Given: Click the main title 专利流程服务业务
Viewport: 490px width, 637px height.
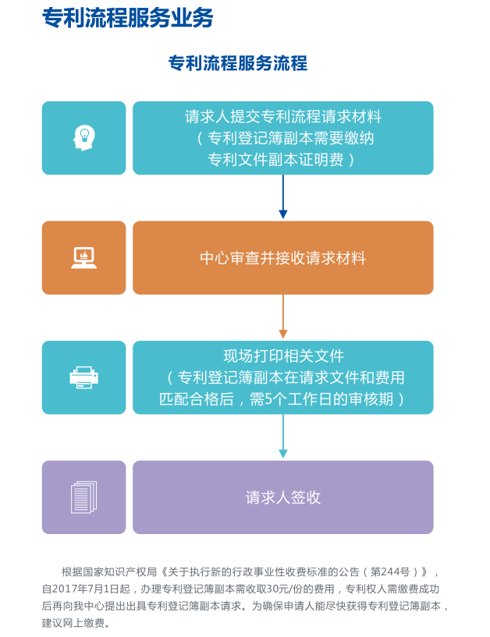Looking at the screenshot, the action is tap(128, 17).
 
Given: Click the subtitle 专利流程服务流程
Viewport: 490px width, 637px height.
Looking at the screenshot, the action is tap(238, 63).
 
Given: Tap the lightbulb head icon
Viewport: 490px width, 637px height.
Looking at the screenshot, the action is tap(83, 138).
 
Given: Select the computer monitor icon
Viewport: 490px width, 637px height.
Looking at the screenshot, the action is tap(83, 257).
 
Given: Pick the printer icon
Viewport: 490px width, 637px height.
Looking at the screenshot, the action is tap(83, 377).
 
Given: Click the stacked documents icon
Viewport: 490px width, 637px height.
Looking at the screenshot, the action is tap(83, 497).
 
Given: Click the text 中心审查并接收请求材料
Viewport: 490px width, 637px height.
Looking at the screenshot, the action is tap(283, 258).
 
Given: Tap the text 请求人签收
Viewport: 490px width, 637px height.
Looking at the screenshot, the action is tap(283, 497).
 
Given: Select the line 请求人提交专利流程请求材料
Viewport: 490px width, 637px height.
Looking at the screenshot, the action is tap(283, 117).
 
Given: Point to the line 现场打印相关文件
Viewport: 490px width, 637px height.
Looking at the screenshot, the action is tap(283, 356).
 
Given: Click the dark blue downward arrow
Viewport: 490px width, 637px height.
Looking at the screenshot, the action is tap(283, 196).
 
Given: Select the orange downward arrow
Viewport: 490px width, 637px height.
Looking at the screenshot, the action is tap(283, 317).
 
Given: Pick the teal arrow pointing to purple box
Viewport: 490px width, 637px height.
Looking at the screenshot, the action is tap(283, 437).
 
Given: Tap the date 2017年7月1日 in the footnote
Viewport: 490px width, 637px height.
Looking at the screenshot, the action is tap(85, 589).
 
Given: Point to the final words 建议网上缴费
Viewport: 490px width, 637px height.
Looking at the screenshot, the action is tap(73, 623).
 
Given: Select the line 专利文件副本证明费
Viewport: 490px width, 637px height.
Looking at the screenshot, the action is tap(275, 160).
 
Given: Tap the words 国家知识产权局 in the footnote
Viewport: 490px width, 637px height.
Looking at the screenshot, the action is tap(119, 572).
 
